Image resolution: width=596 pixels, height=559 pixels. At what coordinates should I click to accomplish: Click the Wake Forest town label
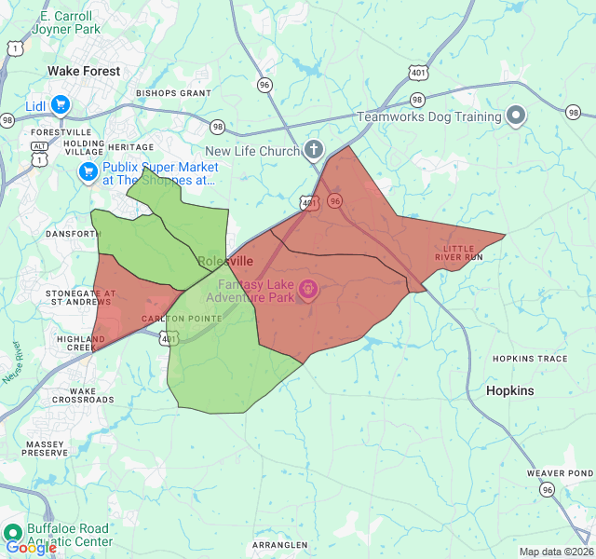[85, 71]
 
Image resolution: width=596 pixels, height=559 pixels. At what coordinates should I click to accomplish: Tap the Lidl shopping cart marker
[61, 105]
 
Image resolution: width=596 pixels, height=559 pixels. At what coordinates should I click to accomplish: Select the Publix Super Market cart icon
[88, 172]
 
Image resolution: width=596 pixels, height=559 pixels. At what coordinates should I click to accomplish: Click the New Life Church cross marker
[314, 151]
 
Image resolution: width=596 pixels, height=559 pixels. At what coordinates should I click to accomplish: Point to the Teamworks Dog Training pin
[516, 116]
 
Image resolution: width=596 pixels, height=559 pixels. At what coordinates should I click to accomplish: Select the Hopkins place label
[510, 390]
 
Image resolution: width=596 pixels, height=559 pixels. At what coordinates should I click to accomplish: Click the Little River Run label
[463, 252]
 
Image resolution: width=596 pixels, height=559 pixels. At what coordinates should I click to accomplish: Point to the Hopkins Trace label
[530, 359]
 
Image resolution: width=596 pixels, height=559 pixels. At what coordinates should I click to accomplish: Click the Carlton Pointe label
[182, 319]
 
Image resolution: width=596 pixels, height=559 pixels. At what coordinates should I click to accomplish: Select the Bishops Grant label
[173, 93]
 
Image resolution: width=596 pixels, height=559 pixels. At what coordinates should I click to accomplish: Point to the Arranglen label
[279, 545]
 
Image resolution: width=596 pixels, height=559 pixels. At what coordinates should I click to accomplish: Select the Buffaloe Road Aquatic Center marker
[13, 534]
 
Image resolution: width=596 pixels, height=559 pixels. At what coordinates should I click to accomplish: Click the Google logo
[31, 548]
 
